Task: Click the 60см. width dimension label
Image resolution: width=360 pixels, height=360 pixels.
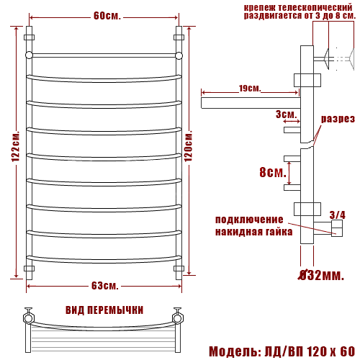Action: click(x=107, y=16)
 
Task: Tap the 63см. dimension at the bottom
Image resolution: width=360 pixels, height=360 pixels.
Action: click(x=105, y=286)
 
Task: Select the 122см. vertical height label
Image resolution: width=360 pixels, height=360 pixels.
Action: click(x=16, y=146)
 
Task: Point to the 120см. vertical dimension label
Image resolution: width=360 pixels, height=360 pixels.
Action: click(x=188, y=145)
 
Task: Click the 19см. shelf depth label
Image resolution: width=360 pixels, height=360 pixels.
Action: click(x=250, y=89)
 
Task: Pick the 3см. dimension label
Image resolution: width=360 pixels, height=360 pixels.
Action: click(x=287, y=114)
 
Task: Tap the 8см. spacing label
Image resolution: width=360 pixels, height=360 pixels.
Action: click(x=273, y=172)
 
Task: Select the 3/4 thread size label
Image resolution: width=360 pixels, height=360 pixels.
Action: click(x=337, y=215)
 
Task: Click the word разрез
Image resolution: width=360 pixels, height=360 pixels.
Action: click(x=338, y=119)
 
